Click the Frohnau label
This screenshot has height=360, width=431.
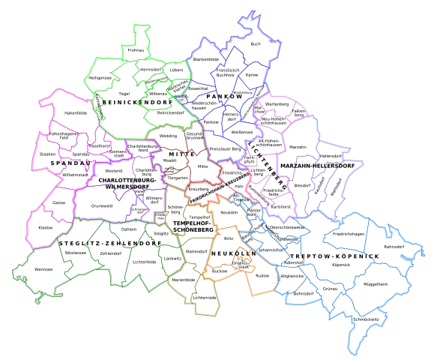point(136,50)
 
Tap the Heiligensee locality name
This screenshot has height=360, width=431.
point(100,77)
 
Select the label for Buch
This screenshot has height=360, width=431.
point(256,44)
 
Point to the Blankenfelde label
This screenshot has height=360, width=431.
point(206,58)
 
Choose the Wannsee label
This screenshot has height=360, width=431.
point(43,268)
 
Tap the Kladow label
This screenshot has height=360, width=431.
point(46,226)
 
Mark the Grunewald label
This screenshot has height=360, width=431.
point(101,205)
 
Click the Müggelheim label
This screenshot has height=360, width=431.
point(376,284)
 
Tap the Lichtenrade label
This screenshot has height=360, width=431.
point(205,298)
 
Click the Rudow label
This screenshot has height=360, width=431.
point(262,276)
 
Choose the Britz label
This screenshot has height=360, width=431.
point(229,238)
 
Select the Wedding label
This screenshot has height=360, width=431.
point(168,136)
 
